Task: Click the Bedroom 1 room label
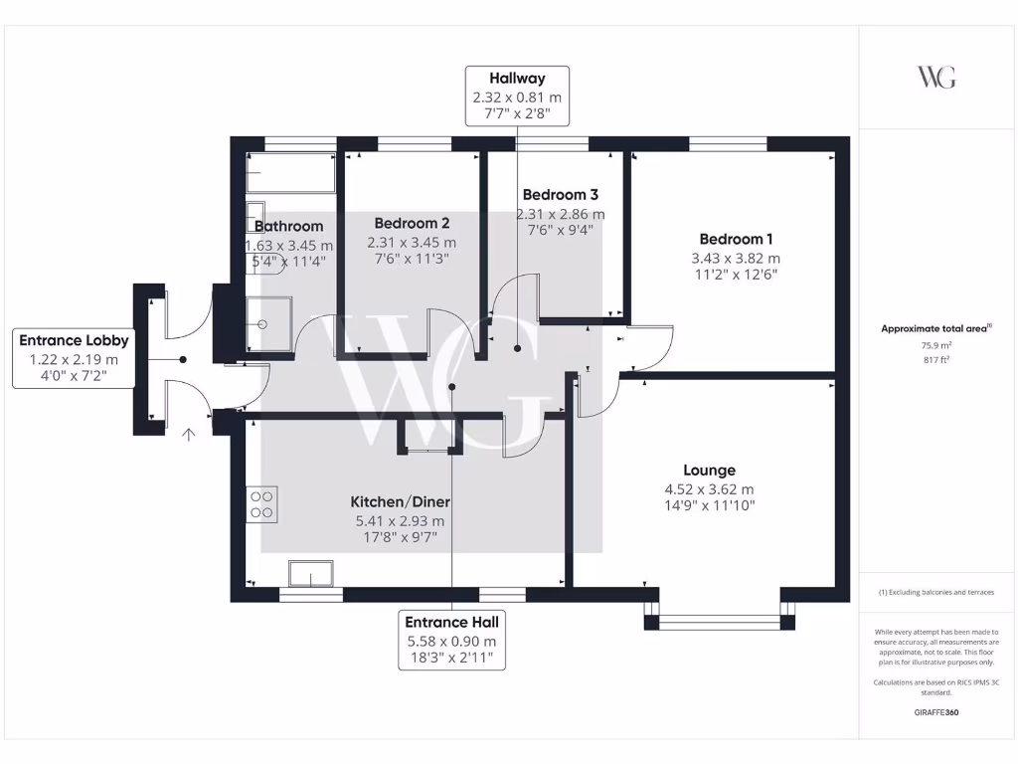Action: point(736,239)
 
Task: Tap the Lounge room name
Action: point(709,471)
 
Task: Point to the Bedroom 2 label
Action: point(412,223)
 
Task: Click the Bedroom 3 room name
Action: point(560,194)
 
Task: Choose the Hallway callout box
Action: point(516,96)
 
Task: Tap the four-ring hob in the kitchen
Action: point(262,504)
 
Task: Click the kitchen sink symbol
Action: point(311,574)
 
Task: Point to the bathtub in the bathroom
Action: point(291,173)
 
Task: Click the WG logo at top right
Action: point(935,78)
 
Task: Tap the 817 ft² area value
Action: point(935,360)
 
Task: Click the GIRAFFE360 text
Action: point(935,712)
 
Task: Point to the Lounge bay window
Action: point(720,623)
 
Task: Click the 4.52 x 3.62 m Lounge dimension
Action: point(709,489)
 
